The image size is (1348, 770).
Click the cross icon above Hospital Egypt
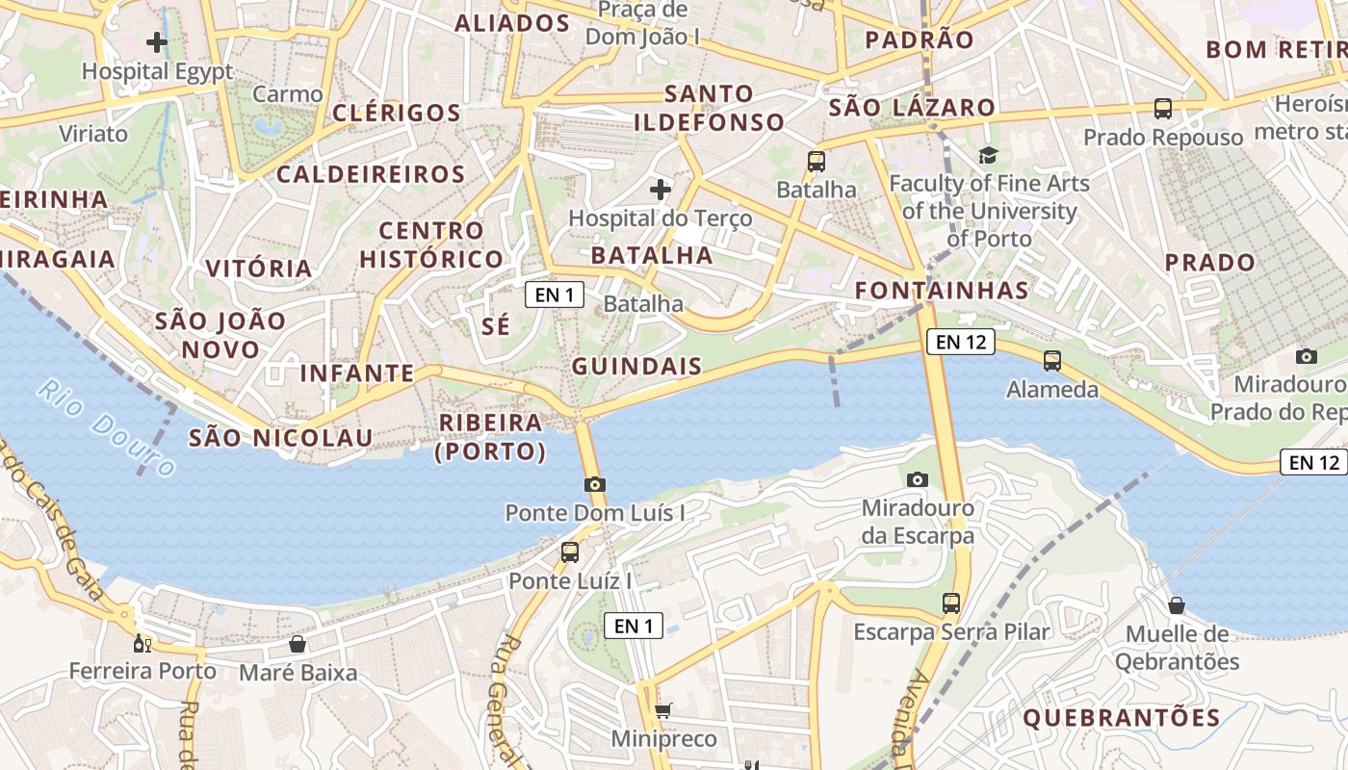click(x=157, y=42)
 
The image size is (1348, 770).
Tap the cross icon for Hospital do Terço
click(x=661, y=189)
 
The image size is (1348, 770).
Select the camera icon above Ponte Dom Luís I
click(x=595, y=484)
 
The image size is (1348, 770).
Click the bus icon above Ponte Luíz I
click(x=570, y=552)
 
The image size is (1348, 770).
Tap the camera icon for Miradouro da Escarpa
click(x=918, y=478)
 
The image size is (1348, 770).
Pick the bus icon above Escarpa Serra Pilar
click(x=951, y=603)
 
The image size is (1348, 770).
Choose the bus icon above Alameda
click(x=1052, y=361)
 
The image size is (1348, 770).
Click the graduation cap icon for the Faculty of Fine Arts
click(x=988, y=155)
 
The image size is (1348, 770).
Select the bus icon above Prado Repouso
click(x=1163, y=109)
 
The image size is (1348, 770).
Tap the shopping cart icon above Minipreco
click(x=662, y=711)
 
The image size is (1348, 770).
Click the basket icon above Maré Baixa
click(x=298, y=644)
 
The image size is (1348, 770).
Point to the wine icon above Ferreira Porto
click(x=143, y=643)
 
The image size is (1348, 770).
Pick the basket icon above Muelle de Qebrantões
click(x=1177, y=605)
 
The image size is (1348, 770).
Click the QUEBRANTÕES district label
click(x=1121, y=717)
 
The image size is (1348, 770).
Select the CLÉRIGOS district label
click(x=397, y=113)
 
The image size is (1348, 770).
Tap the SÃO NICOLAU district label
click(x=280, y=438)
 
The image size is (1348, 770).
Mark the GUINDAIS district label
click(x=636, y=367)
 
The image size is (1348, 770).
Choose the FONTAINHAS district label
click(x=942, y=290)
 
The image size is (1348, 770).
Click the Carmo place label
click(x=288, y=94)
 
